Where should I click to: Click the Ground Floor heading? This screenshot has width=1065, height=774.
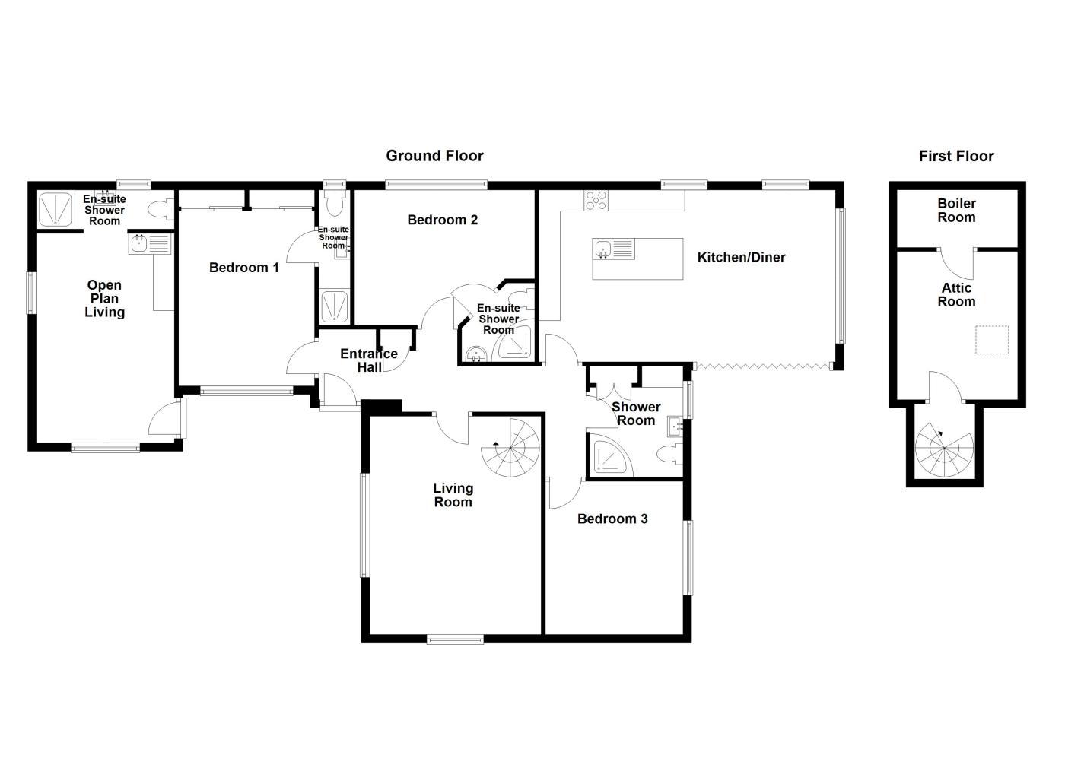pyautogui.click(x=434, y=156)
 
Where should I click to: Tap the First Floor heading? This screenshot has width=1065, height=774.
pyautogui.click(x=956, y=156)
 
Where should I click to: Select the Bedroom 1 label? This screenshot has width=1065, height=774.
pyautogui.click(x=243, y=268)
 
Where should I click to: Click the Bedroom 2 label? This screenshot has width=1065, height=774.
pyautogui.click(x=442, y=220)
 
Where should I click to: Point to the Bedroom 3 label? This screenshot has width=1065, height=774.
pyautogui.click(x=612, y=519)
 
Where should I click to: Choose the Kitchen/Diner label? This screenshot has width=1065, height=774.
pyautogui.click(x=741, y=257)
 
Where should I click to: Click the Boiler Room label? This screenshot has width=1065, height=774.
pyautogui.click(x=956, y=211)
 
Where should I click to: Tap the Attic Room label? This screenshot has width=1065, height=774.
pyautogui.click(x=956, y=295)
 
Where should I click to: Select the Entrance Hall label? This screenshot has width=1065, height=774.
pyautogui.click(x=369, y=360)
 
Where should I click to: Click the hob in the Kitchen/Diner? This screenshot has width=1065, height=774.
pyautogui.click(x=596, y=200)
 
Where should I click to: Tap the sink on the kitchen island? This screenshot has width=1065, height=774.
pyautogui.click(x=602, y=249)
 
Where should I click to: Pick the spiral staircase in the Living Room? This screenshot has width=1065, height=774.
pyautogui.click(x=510, y=448)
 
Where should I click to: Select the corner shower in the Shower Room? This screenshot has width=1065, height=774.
pyautogui.click(x=610, y=457)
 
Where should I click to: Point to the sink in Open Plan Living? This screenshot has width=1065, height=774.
pyautogui.click(x=139, y=244)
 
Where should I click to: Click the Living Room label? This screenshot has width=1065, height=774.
pyautogui.click(x=453, y=495)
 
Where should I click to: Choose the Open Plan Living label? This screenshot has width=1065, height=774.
pyautogui.click(x=104, y=299)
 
